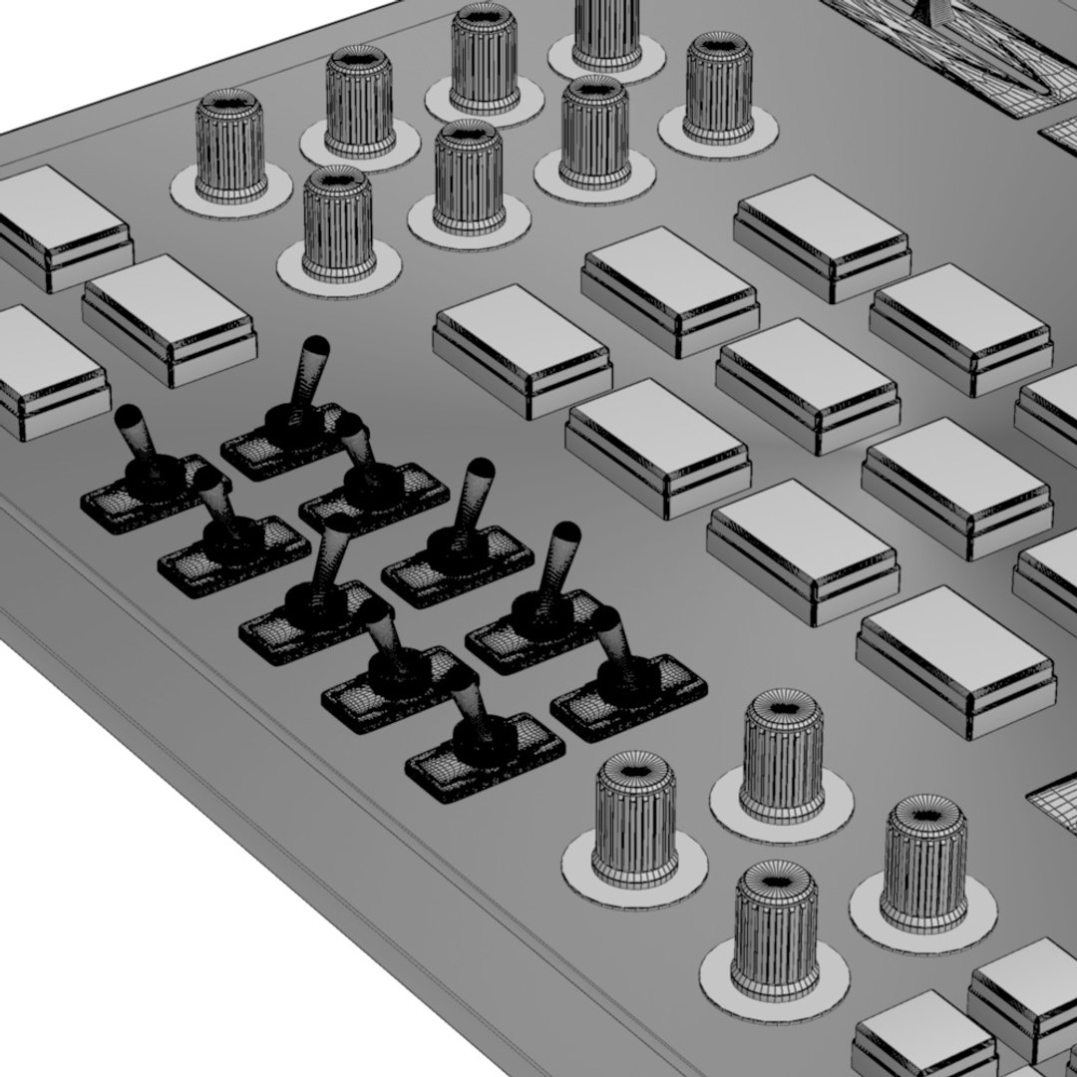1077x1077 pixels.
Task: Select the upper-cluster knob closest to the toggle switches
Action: [338, 224]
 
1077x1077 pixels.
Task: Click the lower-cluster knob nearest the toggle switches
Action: [633, 818]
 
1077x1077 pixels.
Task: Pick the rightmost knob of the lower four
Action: [922, 863]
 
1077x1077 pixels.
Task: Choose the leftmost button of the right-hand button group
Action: [521, 349]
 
